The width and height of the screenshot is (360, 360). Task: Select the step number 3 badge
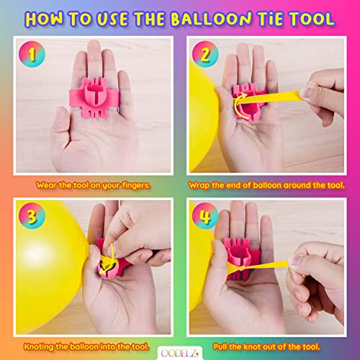pos(35,215)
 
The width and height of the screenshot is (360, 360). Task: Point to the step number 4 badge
pos(203,215)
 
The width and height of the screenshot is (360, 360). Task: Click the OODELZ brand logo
pos(180,352)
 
